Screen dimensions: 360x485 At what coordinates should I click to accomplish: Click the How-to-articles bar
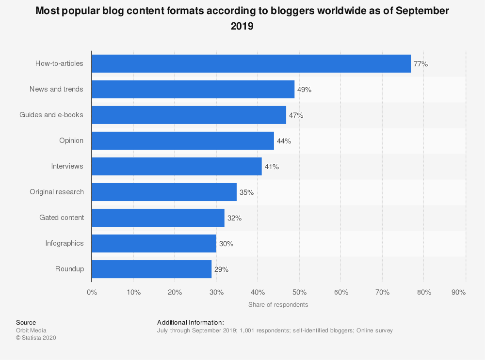251,63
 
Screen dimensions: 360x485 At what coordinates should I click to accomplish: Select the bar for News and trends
193,89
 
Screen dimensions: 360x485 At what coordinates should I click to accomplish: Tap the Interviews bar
177,166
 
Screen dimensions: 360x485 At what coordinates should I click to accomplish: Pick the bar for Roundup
151,269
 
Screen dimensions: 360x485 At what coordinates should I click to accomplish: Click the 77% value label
420,64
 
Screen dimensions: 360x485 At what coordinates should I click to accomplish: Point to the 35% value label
246,192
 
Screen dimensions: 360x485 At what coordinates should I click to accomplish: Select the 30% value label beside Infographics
226,244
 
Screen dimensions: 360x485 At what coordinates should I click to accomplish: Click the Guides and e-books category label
51,115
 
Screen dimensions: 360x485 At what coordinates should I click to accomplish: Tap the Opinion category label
71,141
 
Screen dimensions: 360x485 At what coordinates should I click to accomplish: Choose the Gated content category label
62,218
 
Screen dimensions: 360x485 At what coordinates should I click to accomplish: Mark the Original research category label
57,192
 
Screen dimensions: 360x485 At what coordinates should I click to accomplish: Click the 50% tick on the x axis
299,292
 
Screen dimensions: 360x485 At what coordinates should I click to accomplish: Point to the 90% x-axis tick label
458,292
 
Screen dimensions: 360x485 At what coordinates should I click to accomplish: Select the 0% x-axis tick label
92,292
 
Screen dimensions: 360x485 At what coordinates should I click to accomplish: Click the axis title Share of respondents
278,305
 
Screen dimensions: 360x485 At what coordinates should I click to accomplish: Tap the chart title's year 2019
242,27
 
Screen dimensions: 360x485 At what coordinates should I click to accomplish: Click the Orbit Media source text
31,330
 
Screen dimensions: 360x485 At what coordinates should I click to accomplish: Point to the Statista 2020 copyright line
36,338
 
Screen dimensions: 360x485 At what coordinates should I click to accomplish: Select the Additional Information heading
191,322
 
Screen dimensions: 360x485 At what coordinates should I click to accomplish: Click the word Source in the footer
26,322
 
